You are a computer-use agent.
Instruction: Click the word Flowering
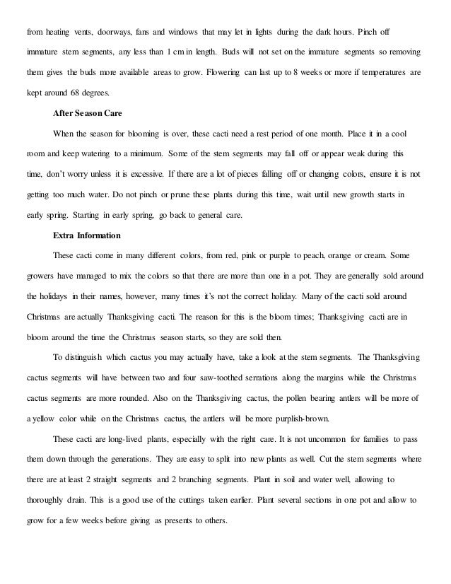coord(225,74)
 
